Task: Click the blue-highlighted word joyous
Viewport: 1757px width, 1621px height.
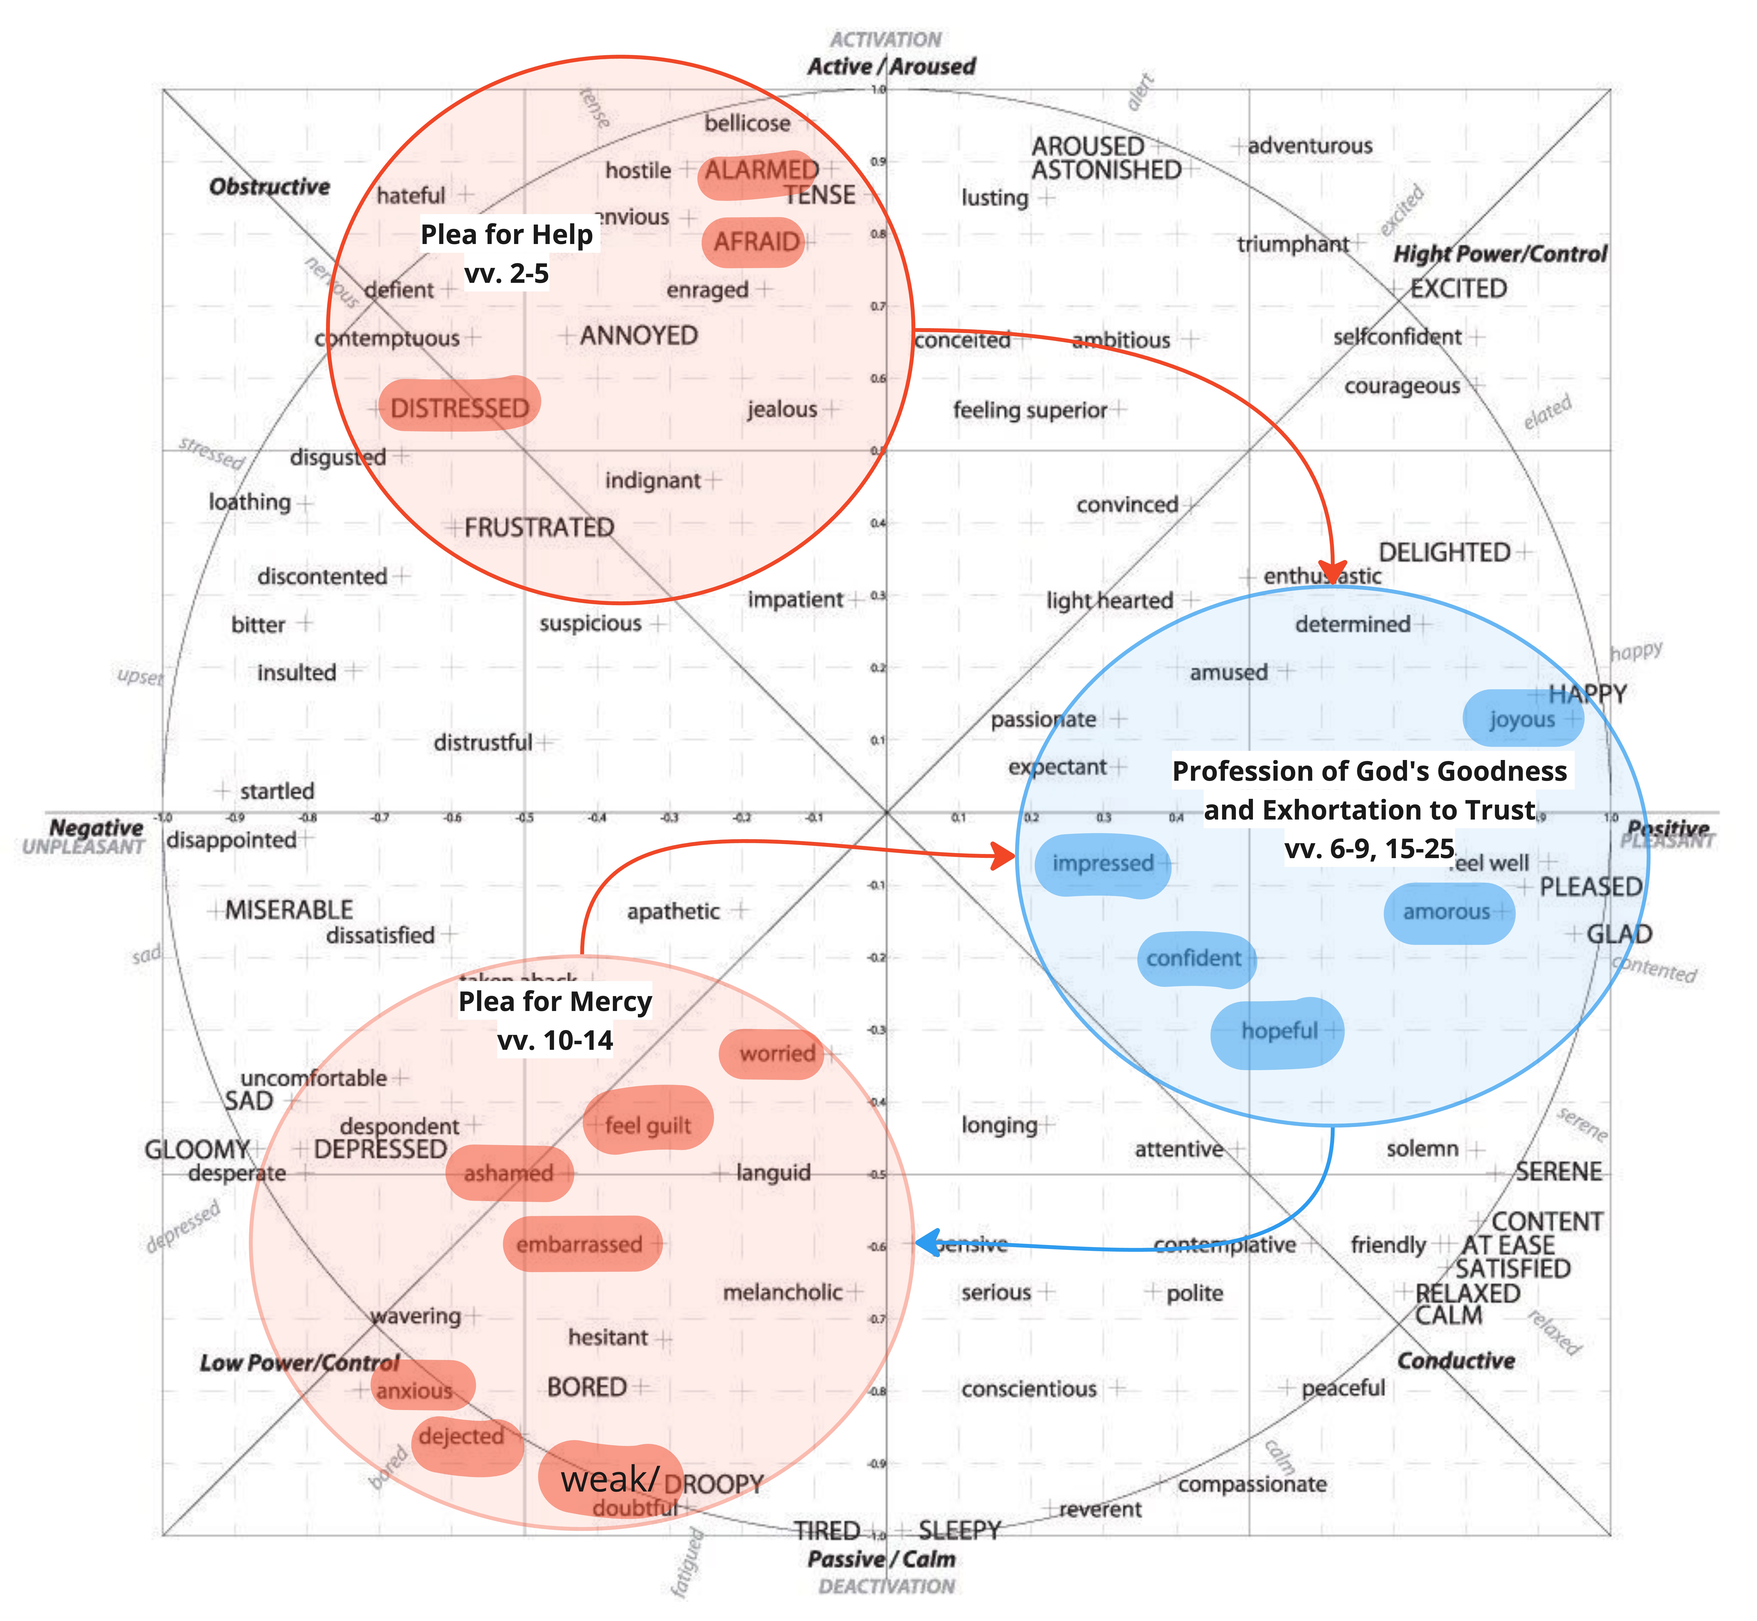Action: (x=1522, y=719)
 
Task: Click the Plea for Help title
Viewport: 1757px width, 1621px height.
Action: (x=507, y=235)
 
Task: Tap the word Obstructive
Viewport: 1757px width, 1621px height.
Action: (x=269, y=187)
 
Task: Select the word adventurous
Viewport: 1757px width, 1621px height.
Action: (x=1310, y=146)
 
